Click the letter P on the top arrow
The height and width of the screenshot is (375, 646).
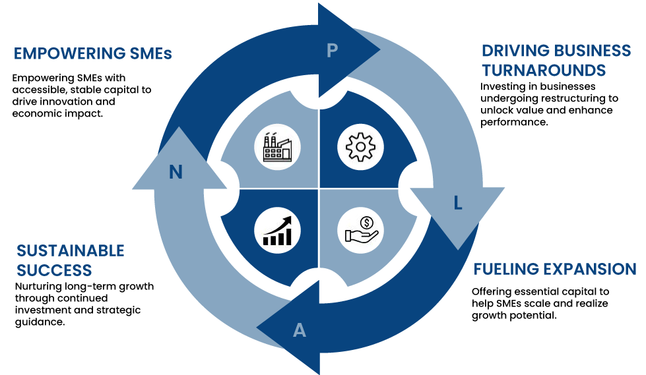coord(333,50)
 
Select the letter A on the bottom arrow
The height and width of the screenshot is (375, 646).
coord(300,330)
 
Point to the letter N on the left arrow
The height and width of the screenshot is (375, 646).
coord(176,173)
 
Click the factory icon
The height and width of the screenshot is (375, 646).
coord(277,147)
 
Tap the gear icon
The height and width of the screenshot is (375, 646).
coord(360,147)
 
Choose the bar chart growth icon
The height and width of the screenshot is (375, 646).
coord(277,230)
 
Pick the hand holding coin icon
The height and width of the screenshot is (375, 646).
coord(360,230)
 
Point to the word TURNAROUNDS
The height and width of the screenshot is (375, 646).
coord(543,71)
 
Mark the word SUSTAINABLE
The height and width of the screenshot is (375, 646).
coord(71,250)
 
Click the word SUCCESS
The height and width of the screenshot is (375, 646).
coord(54,270)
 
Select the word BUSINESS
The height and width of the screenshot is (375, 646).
coord(592,51)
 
